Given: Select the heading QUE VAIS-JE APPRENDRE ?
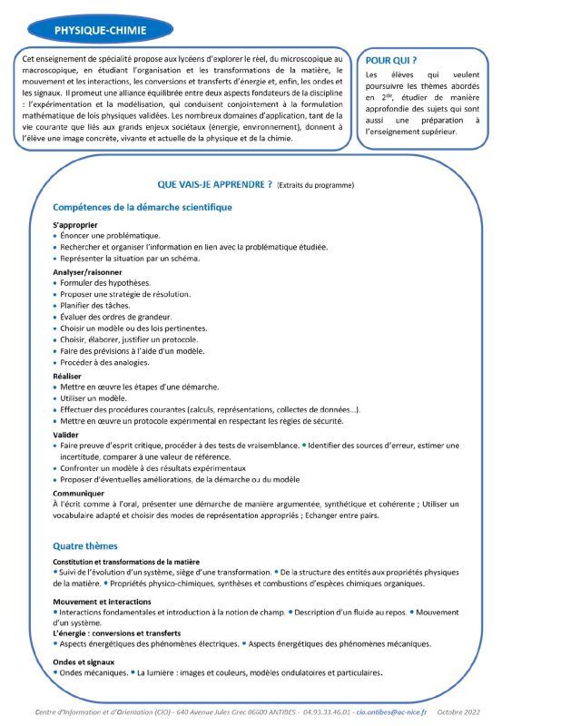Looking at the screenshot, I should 215,184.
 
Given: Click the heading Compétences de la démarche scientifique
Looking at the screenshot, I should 143,207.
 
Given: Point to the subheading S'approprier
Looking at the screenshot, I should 75,224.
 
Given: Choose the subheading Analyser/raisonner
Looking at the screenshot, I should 88,270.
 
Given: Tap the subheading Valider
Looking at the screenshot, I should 67,435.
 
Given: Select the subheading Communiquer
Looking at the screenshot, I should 79,493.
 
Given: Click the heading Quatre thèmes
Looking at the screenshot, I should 85,546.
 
